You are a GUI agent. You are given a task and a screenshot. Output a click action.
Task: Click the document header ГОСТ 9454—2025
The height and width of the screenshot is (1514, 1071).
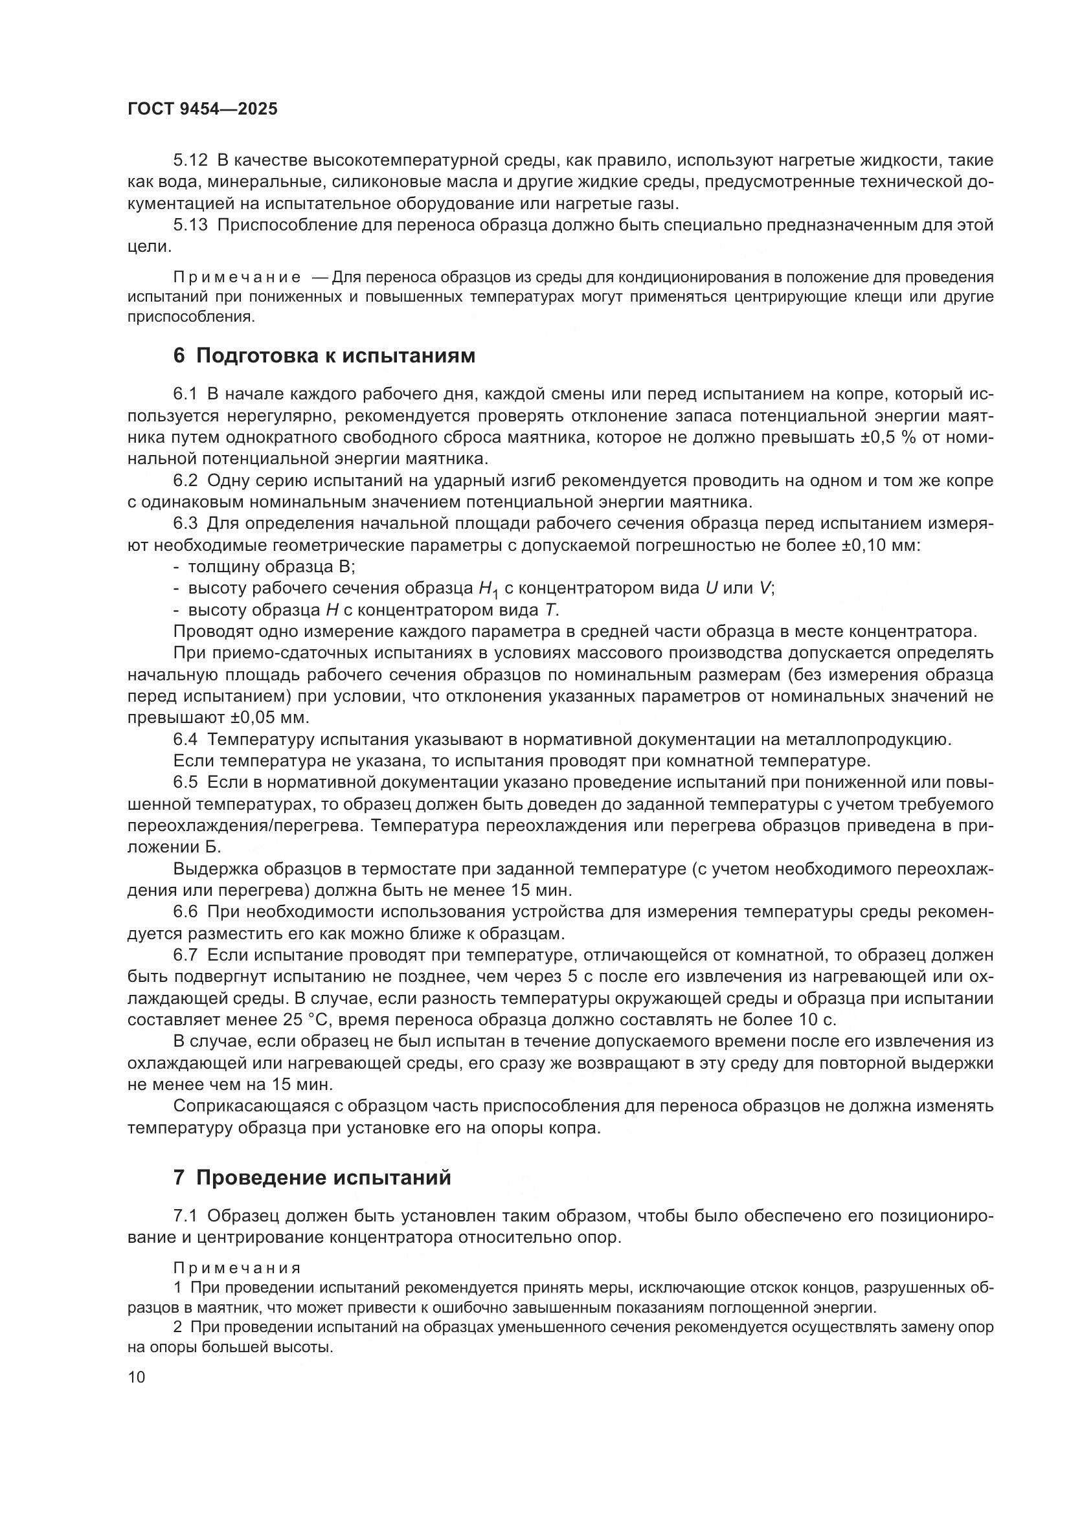coord(203,109)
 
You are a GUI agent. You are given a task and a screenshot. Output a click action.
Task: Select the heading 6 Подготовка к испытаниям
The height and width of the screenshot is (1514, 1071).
coord(324,355)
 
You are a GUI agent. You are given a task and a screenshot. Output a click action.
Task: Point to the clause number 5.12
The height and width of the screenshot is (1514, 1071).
coord(190,161)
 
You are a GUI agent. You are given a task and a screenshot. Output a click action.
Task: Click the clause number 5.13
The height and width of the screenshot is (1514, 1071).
coord(190,225)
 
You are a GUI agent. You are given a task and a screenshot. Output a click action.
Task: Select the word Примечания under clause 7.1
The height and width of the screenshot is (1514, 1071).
coord(237,1268)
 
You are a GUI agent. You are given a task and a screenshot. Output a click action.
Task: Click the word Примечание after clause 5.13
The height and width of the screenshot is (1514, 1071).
coord(237,276)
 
